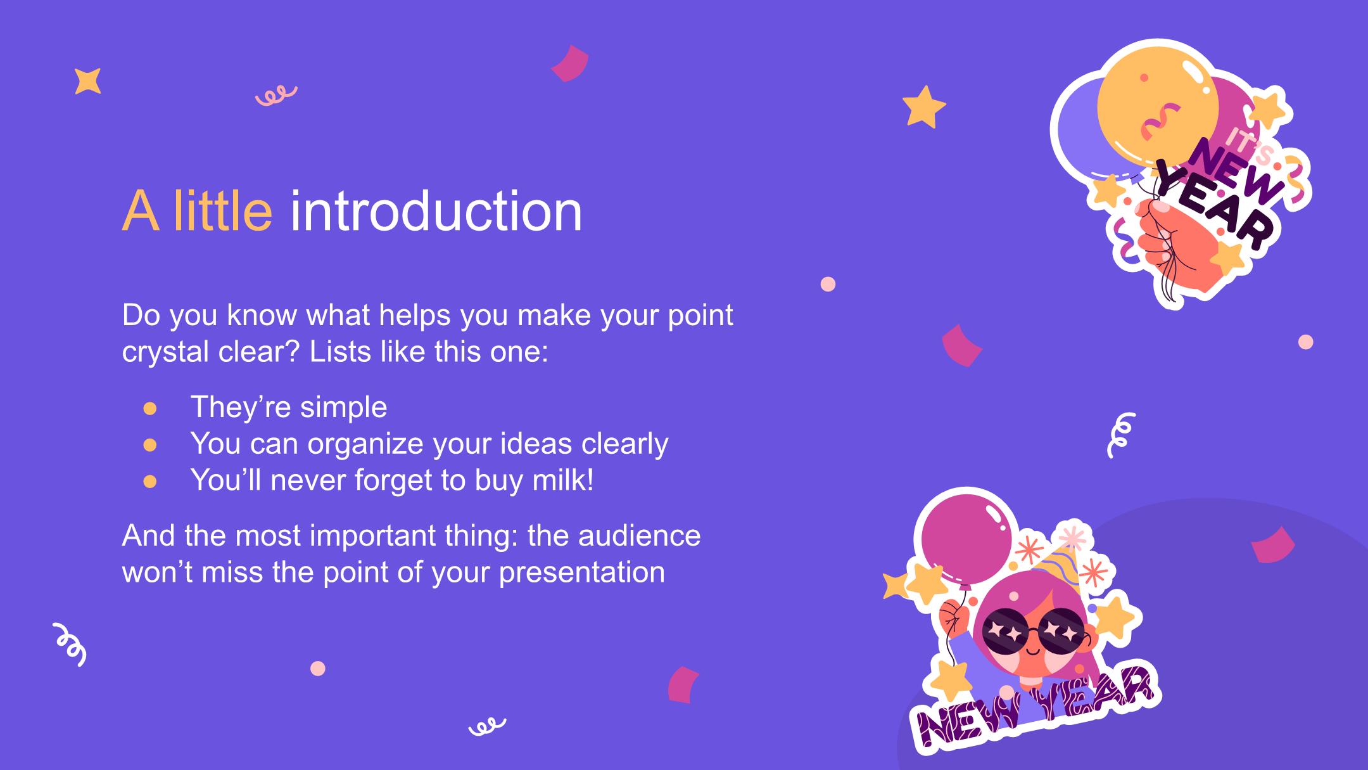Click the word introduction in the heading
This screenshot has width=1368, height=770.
tap(436, 211)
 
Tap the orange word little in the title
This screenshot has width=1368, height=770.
tap(222, 211)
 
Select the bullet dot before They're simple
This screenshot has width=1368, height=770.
tap(150, 408)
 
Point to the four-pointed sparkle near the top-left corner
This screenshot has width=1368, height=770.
tap(87, 81)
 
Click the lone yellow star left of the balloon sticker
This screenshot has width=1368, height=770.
tap(923, 108)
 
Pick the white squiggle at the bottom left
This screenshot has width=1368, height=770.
tap(70, 644)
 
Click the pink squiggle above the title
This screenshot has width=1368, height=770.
tap(276, 96)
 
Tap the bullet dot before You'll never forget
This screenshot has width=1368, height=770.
tap(150, 482)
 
